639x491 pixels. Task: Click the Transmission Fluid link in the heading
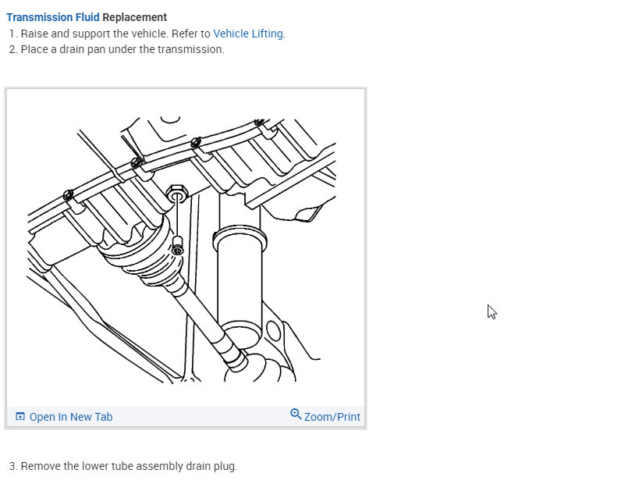[x=52, y=17]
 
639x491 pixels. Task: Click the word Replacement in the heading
[x=135, y=17]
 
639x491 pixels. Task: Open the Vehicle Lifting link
[x=248, y=34]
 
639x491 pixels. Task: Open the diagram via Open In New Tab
[x=70, y=417]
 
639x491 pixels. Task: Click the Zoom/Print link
[x=332, y=417]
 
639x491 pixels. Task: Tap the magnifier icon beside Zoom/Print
[x=296, y=414]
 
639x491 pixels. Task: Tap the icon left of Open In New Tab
[x=20, y=417]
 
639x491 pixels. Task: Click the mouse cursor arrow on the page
[x=492, y=311]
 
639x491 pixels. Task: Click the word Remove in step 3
[x=40, y=466]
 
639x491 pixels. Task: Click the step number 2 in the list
[x=12, y=49]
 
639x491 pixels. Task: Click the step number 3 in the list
[x=12, y=466]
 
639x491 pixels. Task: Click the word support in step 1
[x=97, y=34]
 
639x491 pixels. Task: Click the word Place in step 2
[x=34, y=49]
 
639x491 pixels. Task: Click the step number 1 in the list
[x=12, y=34]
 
